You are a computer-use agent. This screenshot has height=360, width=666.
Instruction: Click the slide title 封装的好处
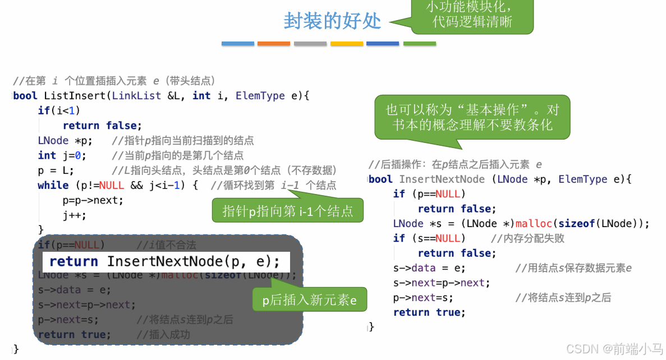332,21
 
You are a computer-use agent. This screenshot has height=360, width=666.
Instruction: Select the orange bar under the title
274,43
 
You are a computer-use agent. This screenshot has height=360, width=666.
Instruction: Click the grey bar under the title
310,43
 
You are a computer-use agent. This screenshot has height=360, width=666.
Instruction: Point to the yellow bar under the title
346,43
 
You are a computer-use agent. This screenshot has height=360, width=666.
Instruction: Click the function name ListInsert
75,96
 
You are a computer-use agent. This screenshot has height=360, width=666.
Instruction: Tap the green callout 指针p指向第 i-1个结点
288,211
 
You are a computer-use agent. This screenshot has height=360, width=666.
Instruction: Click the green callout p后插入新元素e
310,301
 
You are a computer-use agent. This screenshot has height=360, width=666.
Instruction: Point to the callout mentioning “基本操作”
472,117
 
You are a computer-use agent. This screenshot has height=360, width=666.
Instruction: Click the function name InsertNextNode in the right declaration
442,179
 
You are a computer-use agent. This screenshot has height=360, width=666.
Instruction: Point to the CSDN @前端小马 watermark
614,349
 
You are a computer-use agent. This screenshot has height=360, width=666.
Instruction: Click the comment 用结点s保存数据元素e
573,268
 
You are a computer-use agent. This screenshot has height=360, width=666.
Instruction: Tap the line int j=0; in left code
62,155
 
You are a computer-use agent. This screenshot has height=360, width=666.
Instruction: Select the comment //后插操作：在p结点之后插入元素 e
455,165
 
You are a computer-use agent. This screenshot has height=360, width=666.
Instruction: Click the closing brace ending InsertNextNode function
371,327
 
